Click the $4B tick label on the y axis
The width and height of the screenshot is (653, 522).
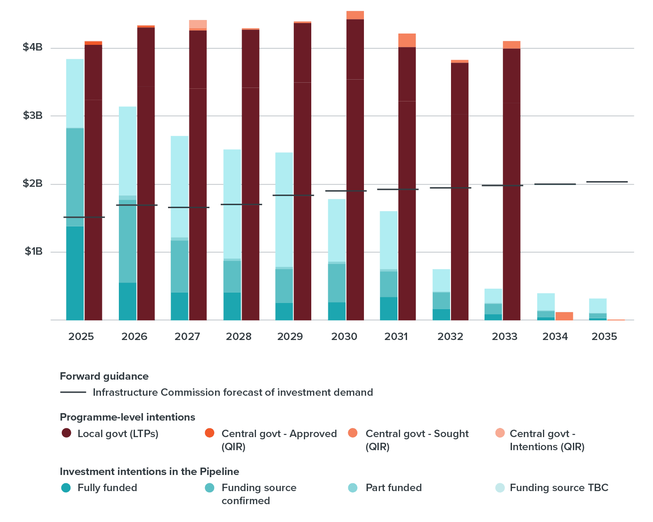[33, 47]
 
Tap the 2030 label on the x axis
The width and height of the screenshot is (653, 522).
[344, 337]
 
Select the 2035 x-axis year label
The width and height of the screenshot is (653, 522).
[604, 337]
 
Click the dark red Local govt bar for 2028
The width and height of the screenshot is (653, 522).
[250, 174]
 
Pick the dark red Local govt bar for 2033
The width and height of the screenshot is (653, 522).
[512, 183]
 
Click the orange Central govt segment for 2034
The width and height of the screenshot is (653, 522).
[564, 316]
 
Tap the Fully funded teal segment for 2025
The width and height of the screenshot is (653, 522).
[75, 273]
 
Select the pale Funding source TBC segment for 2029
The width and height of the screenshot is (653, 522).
[284, 209]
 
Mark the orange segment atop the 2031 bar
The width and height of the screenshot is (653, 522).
[407, 40]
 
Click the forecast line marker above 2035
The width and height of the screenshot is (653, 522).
[607, 182]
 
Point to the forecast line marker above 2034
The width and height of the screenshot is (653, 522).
[555, 184]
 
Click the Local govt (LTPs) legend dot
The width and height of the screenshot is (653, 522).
[66, 433]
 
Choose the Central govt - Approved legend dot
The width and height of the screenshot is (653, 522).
[209, 433]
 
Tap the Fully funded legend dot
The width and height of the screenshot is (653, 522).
[66, 488]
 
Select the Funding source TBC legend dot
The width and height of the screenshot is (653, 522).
[500, 488]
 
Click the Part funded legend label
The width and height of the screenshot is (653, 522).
[394, 488]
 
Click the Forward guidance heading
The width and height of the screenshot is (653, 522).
[104, 376]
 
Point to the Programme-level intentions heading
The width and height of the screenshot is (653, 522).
[127, 417]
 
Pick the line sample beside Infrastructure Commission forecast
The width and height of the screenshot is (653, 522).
[73, 392]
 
